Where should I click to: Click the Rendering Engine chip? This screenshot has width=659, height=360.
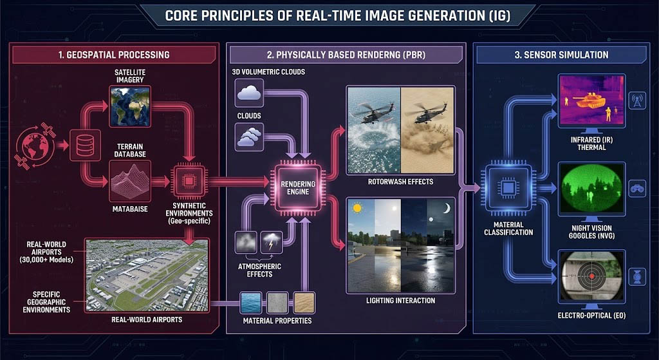click(x=298, y=187)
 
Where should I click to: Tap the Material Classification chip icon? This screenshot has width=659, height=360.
click(x=508, y=187)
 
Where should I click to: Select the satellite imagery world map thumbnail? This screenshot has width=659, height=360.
click(x=130, y=106)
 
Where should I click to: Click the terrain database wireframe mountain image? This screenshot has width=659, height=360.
click(x=130, y=181)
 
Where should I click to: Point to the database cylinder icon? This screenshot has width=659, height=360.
click(x=85, y=145)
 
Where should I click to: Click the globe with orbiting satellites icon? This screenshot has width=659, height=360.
click(x=36, y=146)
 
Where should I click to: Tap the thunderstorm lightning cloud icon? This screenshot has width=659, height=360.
click(x=271, y=242)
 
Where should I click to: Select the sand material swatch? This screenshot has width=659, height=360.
click(x=304, y=303)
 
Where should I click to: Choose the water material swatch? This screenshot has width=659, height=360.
click(x=251, y=303)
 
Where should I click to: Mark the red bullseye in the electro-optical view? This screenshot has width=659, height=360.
click(x=592, y=276)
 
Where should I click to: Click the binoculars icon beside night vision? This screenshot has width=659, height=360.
click(x=637, y=189)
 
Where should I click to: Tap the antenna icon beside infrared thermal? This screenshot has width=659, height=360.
click(x=637, y=101)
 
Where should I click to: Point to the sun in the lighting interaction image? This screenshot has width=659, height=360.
click(x=358, y=208)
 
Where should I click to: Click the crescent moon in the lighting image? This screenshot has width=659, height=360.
click(x=447, y=208)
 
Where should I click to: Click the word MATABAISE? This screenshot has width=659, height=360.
click(x=130, y=209)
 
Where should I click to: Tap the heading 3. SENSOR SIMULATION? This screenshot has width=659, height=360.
click(x=561, y=55)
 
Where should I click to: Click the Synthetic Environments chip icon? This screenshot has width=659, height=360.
click(x=189, y=181)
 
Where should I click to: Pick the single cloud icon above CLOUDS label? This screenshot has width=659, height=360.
click(x=249, y=93)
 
